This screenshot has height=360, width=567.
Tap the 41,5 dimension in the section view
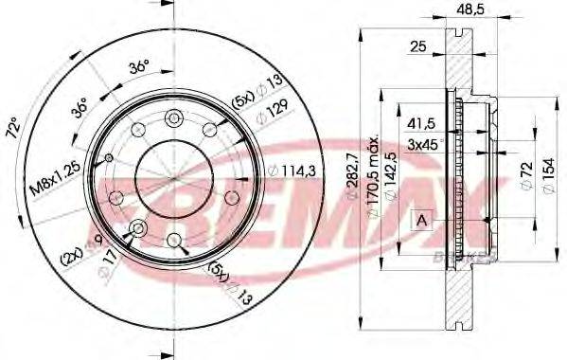pos(422,124)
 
